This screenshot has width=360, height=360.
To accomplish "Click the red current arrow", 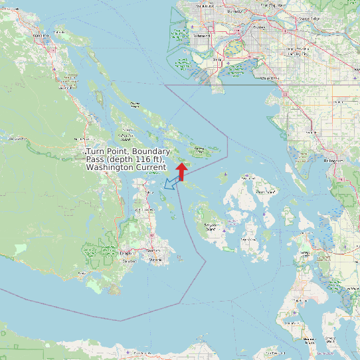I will click(181, 170).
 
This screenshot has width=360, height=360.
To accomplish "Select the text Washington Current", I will click(126, 167).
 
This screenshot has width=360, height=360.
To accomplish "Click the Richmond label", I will click(203, 36).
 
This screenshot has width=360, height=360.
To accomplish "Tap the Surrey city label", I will click(259, 27).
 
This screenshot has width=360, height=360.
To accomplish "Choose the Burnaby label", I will click(234, 11).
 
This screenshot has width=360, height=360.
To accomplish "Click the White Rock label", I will click(269, 78).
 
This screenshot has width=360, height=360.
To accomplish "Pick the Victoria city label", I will click(155, 259).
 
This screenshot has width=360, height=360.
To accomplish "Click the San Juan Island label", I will click(212, 227).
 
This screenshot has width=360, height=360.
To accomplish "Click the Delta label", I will click(217, 60).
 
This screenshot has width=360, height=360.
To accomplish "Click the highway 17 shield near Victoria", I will click(151, 236).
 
